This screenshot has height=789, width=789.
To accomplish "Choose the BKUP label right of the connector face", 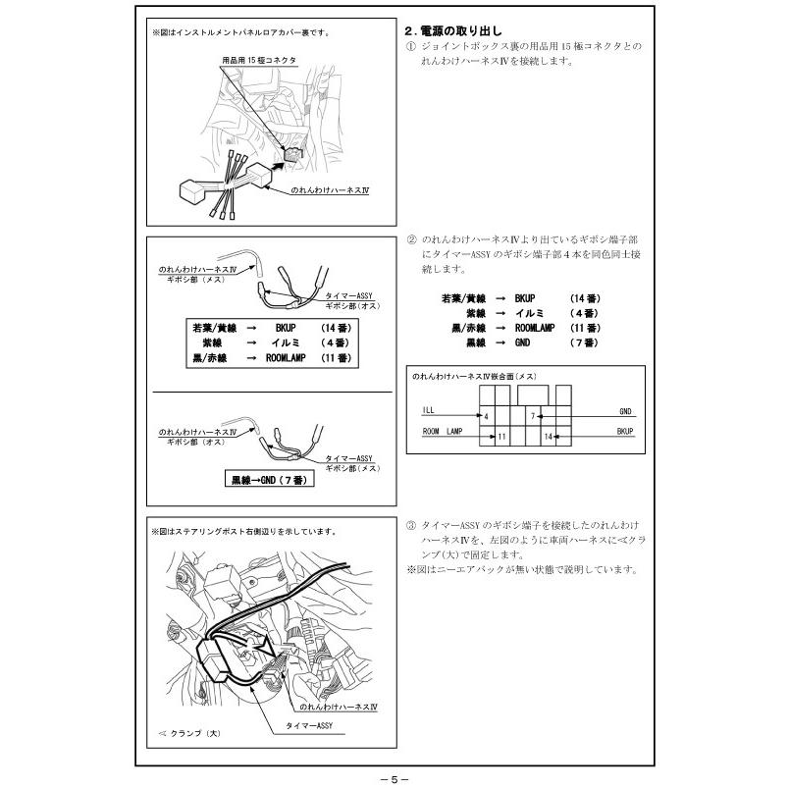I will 625,431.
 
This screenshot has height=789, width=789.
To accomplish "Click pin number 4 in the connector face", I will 486,416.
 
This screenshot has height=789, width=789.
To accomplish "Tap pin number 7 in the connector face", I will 532,416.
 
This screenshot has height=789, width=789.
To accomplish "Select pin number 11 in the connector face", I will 501,435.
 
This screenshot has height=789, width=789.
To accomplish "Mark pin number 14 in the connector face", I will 548,435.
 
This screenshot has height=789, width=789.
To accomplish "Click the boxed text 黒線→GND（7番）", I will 269,480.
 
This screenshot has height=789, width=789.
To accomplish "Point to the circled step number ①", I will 410,47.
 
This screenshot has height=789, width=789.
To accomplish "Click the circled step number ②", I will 410,239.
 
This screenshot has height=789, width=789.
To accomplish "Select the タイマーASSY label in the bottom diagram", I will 310,726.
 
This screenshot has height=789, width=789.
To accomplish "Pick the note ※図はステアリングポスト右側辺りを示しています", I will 243,531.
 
